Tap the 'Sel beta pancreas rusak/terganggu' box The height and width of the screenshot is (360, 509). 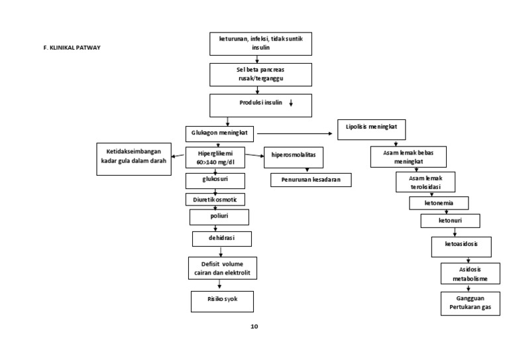[x=260, y=74]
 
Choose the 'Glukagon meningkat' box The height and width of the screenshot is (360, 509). [x=219, y=132]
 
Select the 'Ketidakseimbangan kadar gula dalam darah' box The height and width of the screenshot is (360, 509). [x=134, y=158]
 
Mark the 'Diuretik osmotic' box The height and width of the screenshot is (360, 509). [x=215, y=199]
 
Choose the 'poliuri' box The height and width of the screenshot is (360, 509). [x=219, y=217]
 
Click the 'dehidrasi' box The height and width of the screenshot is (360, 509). [x=222, y=237]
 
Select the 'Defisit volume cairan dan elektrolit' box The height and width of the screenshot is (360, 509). [x=222, y=269]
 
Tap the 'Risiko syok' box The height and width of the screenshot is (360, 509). [x=222, y=300]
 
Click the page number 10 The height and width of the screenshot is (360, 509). [x=254, y=326]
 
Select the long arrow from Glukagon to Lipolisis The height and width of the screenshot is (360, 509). [x=295, y=133]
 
